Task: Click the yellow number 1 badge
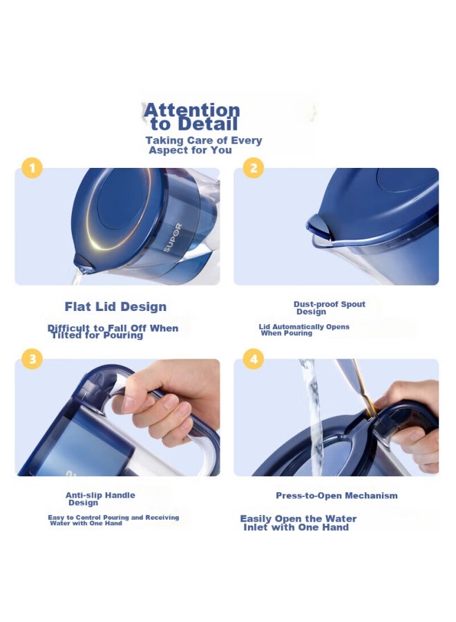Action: tap(32, 168)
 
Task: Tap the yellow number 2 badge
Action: tap(253, 168)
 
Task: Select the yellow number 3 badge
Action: tap(32, 359)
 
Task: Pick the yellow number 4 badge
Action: tap(253, 359)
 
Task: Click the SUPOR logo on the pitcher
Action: tap(173, 237)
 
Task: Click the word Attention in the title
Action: tap(192, 110)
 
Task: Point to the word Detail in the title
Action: tap(208, 124)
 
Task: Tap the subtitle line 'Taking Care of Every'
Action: tap(204, 140)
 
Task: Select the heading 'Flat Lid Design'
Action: tap(115, 307)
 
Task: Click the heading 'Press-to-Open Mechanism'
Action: tap(336, 496)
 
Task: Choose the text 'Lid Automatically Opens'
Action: tap(304, 326)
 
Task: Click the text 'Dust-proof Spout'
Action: tap(330, 304)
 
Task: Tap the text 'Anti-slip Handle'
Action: tap(100, 495)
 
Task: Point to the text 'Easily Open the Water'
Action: tap(298, 518)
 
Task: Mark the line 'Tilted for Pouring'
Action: tap(97, 336)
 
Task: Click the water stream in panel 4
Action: tap(312, 417)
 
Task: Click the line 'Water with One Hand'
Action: tap(86, 523)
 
